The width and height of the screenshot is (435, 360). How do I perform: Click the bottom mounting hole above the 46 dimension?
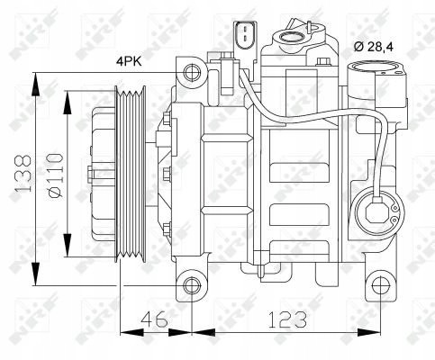coord(190,286)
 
